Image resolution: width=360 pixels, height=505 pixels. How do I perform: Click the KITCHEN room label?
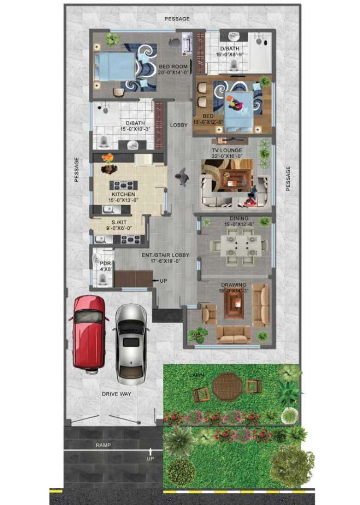123,194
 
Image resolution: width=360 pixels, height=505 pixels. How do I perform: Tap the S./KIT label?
119,223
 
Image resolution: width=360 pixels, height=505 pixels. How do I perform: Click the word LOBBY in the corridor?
179,125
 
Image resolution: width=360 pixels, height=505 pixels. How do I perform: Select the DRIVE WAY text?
117,394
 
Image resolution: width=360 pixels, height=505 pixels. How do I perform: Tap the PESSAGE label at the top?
177,19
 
